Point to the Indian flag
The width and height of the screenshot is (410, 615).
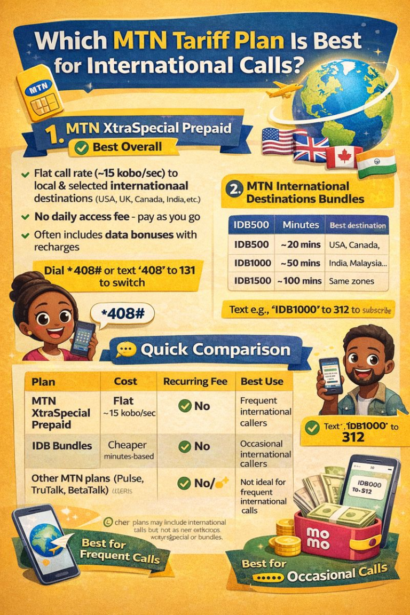pos(376,164)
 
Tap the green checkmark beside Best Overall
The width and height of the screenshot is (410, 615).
pos(82,148)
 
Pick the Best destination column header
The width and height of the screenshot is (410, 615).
pos(357,225)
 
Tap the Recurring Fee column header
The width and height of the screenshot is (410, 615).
pos(195,381)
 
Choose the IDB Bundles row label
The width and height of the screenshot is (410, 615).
pos(61,446)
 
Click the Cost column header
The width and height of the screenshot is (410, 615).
pos(125,381)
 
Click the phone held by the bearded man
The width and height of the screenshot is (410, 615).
pos(330,375)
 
